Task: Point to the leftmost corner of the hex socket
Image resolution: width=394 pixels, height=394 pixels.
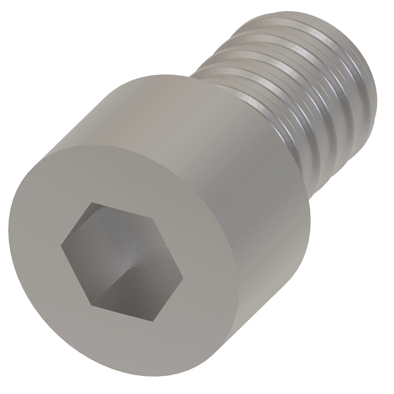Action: pos(61,244)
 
